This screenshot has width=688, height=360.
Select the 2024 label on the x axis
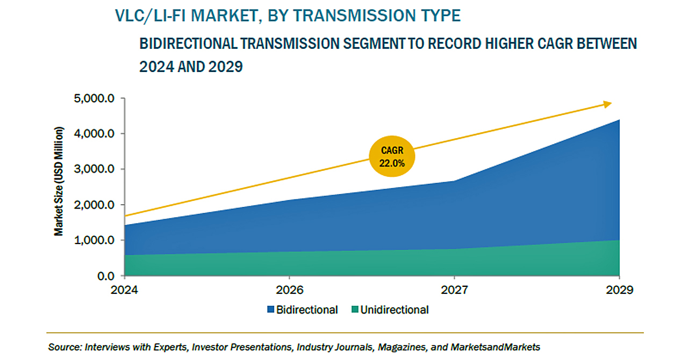coord(124,290)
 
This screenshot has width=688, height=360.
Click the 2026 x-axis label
coord(289,290)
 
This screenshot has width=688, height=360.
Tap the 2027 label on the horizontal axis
coord(454,290)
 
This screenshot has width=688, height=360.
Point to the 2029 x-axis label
coord(619,290)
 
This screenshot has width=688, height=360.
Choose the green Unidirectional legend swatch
coord(354,310)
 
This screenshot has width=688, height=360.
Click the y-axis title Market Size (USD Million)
coord(59,182)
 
